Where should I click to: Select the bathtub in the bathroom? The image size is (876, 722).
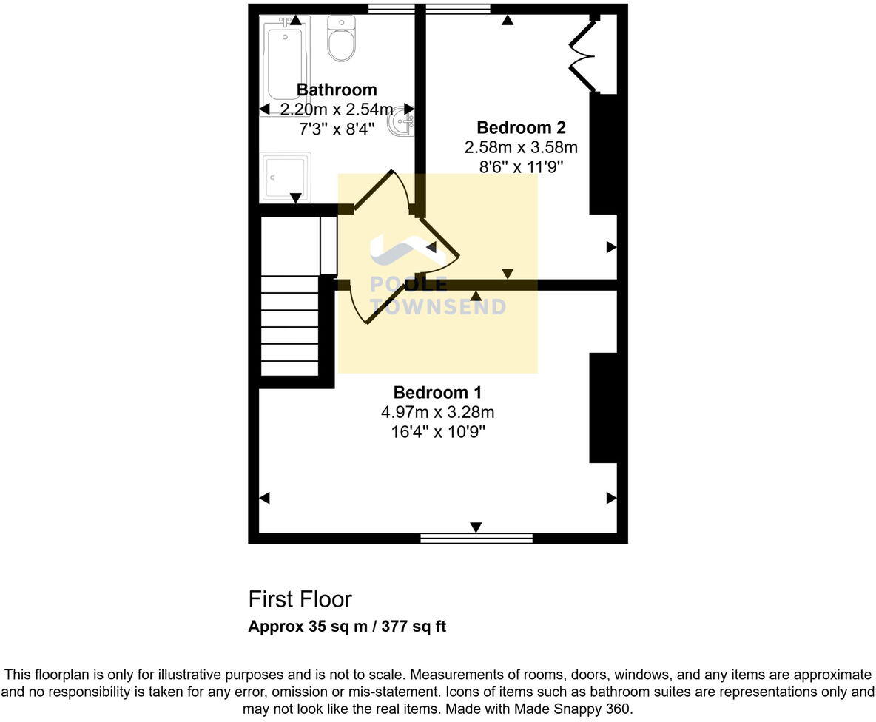point(284,63)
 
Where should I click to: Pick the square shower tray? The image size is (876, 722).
point(285,176)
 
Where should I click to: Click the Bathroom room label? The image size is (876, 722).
point(337,90)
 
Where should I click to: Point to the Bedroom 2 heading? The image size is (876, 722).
point(521,127)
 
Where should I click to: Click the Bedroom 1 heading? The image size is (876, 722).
point(437,393)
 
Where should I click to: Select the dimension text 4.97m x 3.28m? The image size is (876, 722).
point(437,412)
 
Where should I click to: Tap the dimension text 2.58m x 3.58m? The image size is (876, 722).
point(521,147)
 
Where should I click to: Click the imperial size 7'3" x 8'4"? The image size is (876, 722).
point(337,129)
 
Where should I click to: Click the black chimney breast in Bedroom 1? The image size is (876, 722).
point(603,408)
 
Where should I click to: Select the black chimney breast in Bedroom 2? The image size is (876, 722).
point(603,153)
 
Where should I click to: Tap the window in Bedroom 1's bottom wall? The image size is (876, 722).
point(476,539)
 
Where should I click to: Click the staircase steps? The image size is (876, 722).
point(289,325)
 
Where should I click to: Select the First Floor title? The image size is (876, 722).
point(300,599)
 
